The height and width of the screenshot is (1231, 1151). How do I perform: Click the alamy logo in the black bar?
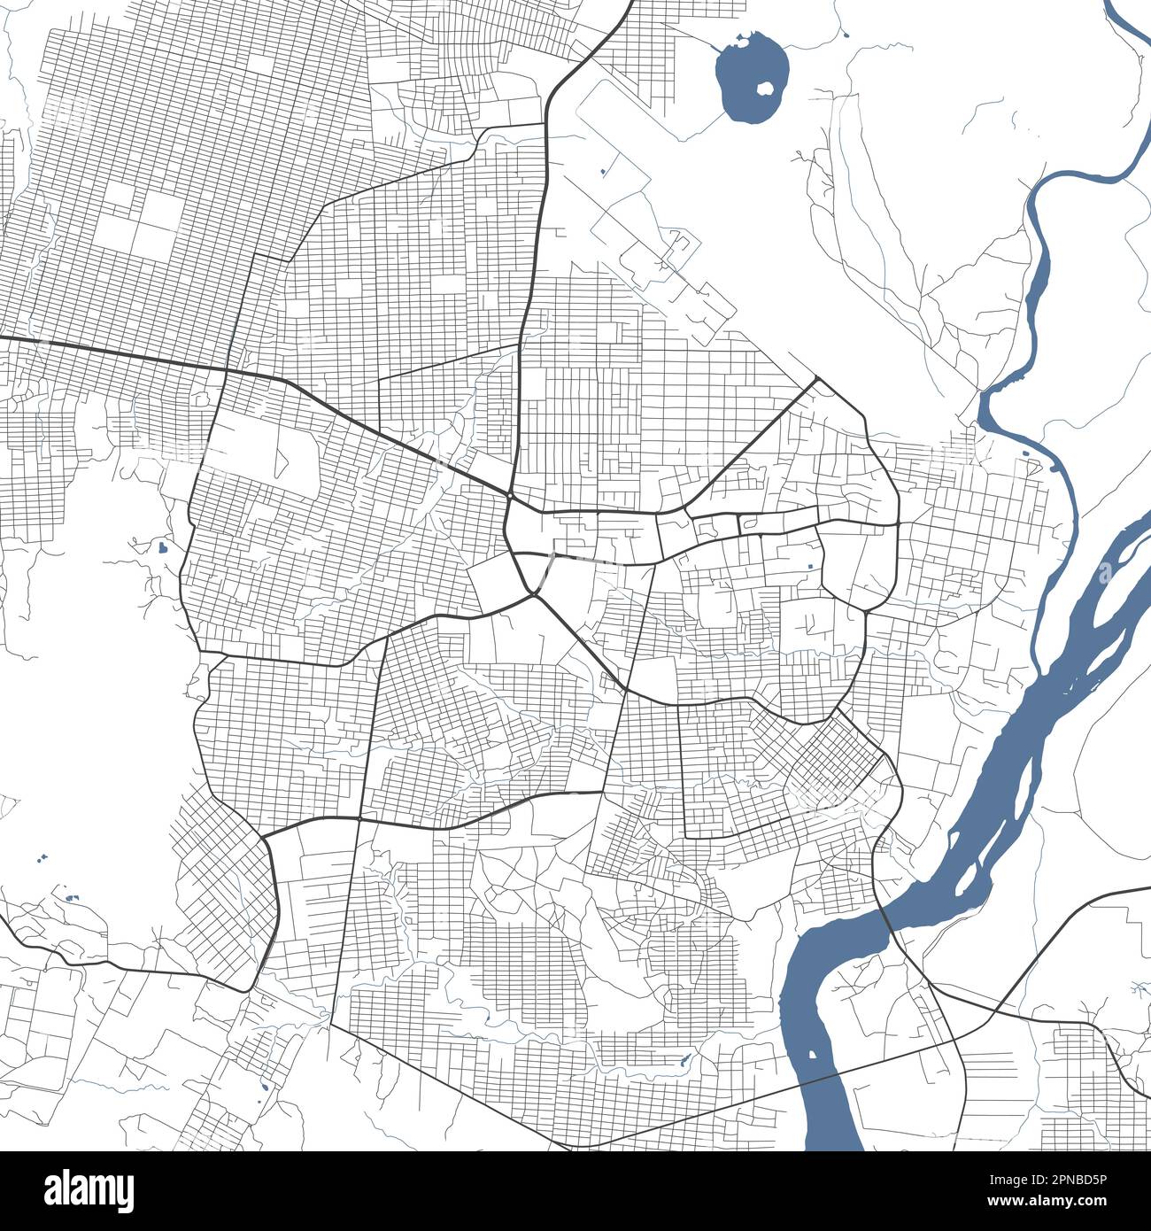[89, 1189]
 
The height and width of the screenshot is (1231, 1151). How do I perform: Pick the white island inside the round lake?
[766, 88]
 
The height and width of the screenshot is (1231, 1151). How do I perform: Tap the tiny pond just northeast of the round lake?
[847, 35]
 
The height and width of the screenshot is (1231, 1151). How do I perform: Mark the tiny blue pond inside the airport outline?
[603, 170]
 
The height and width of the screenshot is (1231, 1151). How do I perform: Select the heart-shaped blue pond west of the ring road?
[162, 547]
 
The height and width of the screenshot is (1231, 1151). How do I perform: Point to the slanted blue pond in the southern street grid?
[684, 1058]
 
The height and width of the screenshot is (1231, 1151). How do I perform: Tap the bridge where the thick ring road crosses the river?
[885, 921]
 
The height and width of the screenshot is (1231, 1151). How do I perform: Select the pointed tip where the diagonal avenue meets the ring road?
[816, 379]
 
